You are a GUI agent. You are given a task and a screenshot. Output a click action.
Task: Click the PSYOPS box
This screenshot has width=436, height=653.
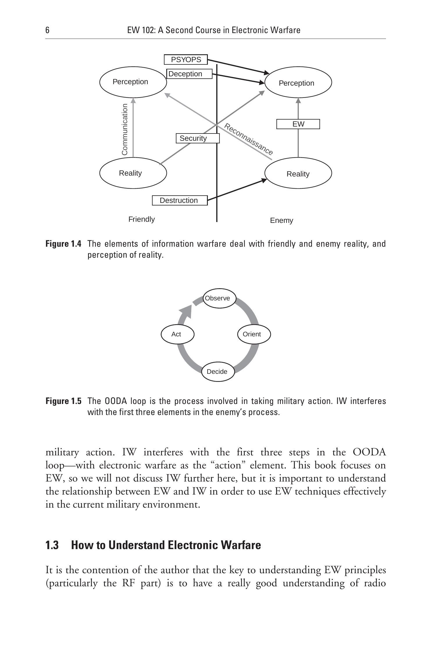click(x=186, y=60)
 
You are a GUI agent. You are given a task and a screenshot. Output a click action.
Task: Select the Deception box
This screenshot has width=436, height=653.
click(x=189, y=74)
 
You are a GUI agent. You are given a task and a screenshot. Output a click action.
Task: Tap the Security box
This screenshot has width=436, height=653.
click(x=198, y=138)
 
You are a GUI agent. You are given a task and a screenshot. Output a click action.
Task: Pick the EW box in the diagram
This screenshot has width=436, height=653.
click(x=298, y=124)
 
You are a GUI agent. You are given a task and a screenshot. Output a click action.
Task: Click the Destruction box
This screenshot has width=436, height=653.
click(x=180, y=201)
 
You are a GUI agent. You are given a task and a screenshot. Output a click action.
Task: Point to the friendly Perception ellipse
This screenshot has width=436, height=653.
click(x=133, y=82)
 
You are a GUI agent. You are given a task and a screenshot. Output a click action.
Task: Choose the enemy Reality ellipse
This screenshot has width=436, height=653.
click(x=298, y=173)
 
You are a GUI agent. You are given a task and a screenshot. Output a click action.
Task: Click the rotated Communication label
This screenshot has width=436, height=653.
click(x=125, y=129)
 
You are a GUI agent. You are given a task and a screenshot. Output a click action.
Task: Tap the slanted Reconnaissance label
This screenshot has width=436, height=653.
click(x=249, y=139)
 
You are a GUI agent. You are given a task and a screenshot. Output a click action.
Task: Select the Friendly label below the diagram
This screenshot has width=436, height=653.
click(x=142, y=219)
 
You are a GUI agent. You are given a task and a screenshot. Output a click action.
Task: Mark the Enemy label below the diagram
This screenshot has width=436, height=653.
click(x=281, y=221)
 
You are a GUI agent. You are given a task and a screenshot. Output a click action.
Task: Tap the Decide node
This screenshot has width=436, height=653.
click(x=218, y=371)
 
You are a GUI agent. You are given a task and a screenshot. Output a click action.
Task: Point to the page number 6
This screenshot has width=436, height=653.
click(x=47, y=30)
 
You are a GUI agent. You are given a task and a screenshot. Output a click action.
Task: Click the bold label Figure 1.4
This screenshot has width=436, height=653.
click(x=63, y=244)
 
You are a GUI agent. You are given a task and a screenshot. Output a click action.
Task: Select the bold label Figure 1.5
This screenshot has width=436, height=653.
click(x=63, y=401)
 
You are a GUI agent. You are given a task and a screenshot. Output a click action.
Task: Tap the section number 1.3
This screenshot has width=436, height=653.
click(x=52, y=545)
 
